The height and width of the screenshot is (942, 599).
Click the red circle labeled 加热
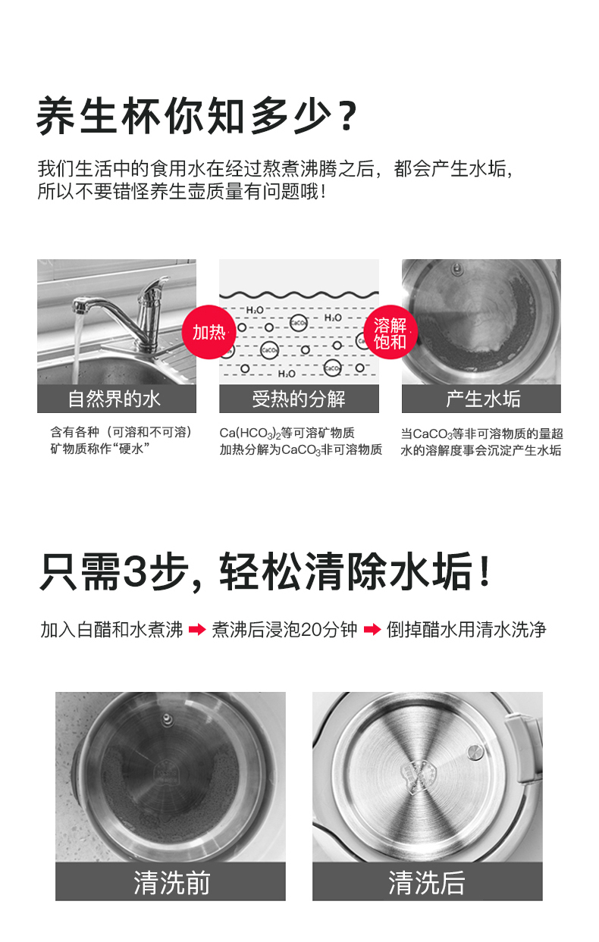pos(209,332)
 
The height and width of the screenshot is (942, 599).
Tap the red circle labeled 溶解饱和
pos(390,332)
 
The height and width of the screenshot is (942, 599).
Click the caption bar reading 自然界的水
pos(117,399)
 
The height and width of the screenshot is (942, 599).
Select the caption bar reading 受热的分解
pos(299,399)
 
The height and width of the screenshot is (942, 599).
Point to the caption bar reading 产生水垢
pos(481,399)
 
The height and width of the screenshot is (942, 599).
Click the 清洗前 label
pos(171,882)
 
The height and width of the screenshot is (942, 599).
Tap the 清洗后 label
pos(428,882)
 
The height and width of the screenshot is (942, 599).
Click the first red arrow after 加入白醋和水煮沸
pos(197,630)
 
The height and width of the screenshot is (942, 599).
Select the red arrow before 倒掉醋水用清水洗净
pos(372,630)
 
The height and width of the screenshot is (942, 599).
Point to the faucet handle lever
pos(155,286)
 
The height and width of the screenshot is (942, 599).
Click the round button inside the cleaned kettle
pos(475,752)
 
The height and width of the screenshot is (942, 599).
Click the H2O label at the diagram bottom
pos(287,374)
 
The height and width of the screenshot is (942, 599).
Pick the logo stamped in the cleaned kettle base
pos(420,775)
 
